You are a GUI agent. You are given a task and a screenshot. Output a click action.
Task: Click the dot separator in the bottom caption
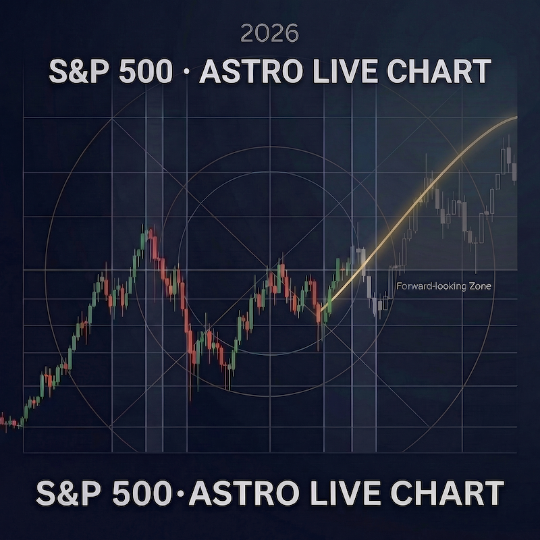tap(183, 493)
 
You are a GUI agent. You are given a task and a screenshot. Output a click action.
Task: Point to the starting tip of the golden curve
tap(322, 311)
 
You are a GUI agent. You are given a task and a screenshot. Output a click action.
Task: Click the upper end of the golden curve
tap(516, 117)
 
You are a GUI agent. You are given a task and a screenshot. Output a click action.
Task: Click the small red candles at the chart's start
tap(9, 424)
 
